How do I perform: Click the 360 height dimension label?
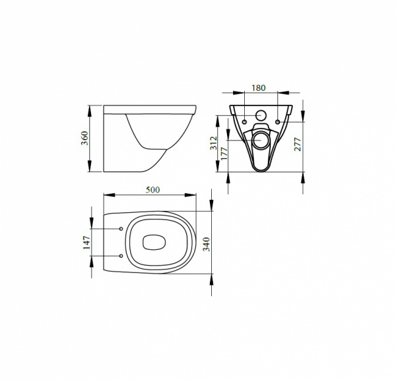click(x=85, y=138)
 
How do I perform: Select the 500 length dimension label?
click(x=153, y=190)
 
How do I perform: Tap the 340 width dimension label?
click(x=207, y=244)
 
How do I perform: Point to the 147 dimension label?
click(x=86, y=243)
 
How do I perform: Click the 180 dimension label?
click(x=259, y=88)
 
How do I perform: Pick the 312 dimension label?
click(x=214, y=143)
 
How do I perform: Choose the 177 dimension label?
click(x=224, y=153)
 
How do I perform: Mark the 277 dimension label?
click(x=298, y=144)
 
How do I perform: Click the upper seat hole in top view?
click(x=121, y=229)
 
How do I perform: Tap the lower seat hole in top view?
click(x=121, y=256)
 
